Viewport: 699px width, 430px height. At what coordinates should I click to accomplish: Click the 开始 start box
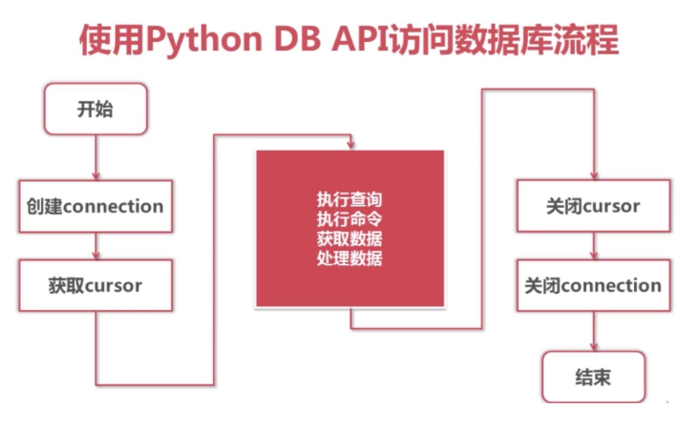coord(95,108)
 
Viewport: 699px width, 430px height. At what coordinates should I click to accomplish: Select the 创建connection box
coord(95,206)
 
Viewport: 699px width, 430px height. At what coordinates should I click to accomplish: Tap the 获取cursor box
coord(95,285)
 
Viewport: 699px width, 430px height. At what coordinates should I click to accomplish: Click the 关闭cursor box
coord(592,206)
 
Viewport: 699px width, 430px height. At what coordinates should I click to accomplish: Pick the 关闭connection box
coord(592,285)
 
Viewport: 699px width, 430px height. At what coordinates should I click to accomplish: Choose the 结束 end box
coord(593,378)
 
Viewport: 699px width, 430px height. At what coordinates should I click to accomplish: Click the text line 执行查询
coord(349,200)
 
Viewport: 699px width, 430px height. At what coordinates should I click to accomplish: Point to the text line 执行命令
coord(349,219)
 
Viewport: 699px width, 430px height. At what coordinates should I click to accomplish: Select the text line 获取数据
coord(349,238)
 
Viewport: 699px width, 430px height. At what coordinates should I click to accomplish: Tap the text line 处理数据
coord(349,257)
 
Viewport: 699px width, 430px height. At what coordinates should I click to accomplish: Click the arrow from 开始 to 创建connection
coord(95,155)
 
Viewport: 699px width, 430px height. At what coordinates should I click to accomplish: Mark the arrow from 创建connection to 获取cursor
coord(95,246)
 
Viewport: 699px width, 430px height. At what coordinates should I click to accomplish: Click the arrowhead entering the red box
coord(351,145)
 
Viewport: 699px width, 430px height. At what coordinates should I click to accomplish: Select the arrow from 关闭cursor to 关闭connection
coord(593,246)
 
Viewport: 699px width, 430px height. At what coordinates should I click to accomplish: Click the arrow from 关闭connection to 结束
coord(594,332)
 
